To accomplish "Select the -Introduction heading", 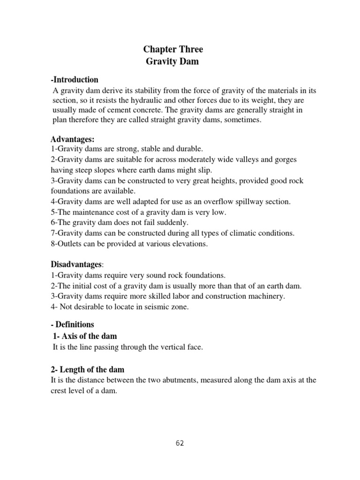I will (x=75, y=80).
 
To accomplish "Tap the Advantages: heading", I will (x=73, y=139).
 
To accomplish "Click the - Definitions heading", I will (x=72, y=324).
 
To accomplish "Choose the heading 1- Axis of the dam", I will (x=84, y=336).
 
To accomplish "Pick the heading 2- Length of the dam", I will (x=87, y=369).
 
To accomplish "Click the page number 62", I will (x=180, y=443).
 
